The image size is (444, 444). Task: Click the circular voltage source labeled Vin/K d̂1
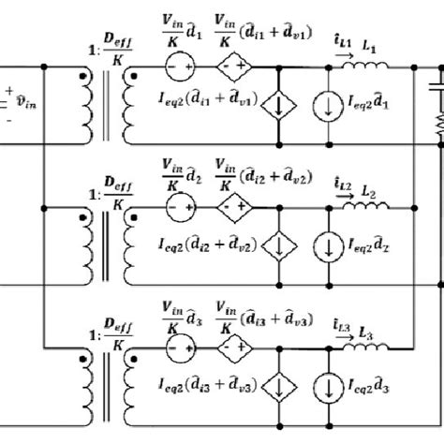coord(178,68)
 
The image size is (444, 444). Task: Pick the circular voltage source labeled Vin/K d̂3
coord(178,342)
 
